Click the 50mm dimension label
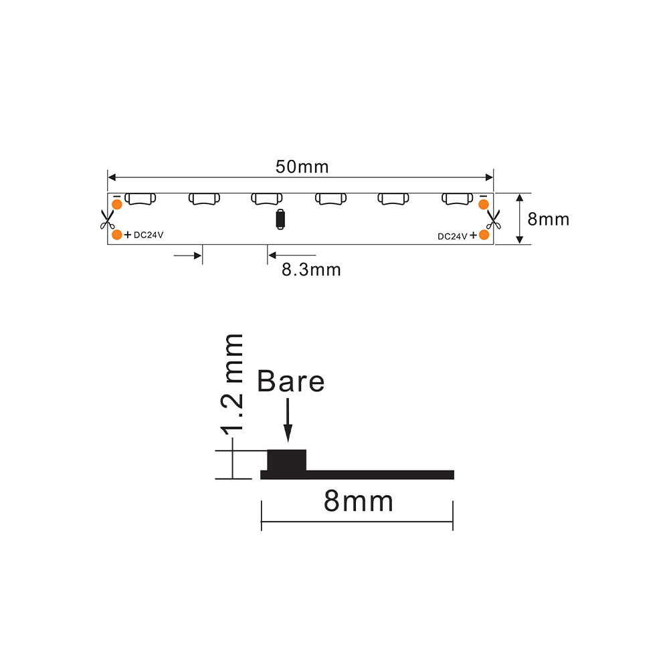click(x=302, y=167)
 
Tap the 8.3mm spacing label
click(x=311, y=270)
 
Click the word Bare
click(x=290, y=381)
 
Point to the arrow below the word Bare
click(x=288, y=420)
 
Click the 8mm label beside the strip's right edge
click(x=549, y=219)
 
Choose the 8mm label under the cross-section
click(x=359, y=501)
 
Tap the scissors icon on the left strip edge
click(x=107, y=219)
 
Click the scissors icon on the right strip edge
click(x=493, y=219)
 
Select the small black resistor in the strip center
click(x=280, y=219)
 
